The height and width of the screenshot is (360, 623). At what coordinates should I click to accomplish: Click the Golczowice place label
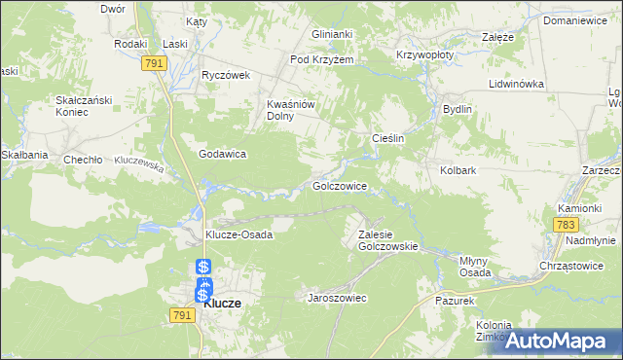pyautogui.click(x=339, y=185)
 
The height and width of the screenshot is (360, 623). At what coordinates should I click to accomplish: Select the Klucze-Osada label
pyautogui.click(x=238, y=234)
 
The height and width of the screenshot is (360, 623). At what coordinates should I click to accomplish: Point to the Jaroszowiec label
pyautogui.click(x=337, y=298)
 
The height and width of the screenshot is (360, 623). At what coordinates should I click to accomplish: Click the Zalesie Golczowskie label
pyautogui.click(x=387, y=240)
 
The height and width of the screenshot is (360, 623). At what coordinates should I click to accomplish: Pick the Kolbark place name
pyautogui.click(x=457, y=170)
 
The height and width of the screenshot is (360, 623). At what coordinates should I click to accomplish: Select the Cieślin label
pyautogui.click(x=388, y=139)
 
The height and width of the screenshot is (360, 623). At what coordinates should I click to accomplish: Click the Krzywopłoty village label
pyautogui.click(x=425, y=55)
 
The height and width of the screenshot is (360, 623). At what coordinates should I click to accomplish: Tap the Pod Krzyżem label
pyautogui.click(x=322, y=59)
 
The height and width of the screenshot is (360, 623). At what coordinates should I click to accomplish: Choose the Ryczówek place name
pyautogui.click(x=226, y=75)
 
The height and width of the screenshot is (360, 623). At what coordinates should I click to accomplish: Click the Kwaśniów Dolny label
pyautogui.click(x=288, y=109)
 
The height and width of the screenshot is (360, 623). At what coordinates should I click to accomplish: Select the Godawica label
pyautogui.click(x=222, y=154)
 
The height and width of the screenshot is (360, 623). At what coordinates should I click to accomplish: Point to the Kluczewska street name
pyautogui.click(x=138, y=163)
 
